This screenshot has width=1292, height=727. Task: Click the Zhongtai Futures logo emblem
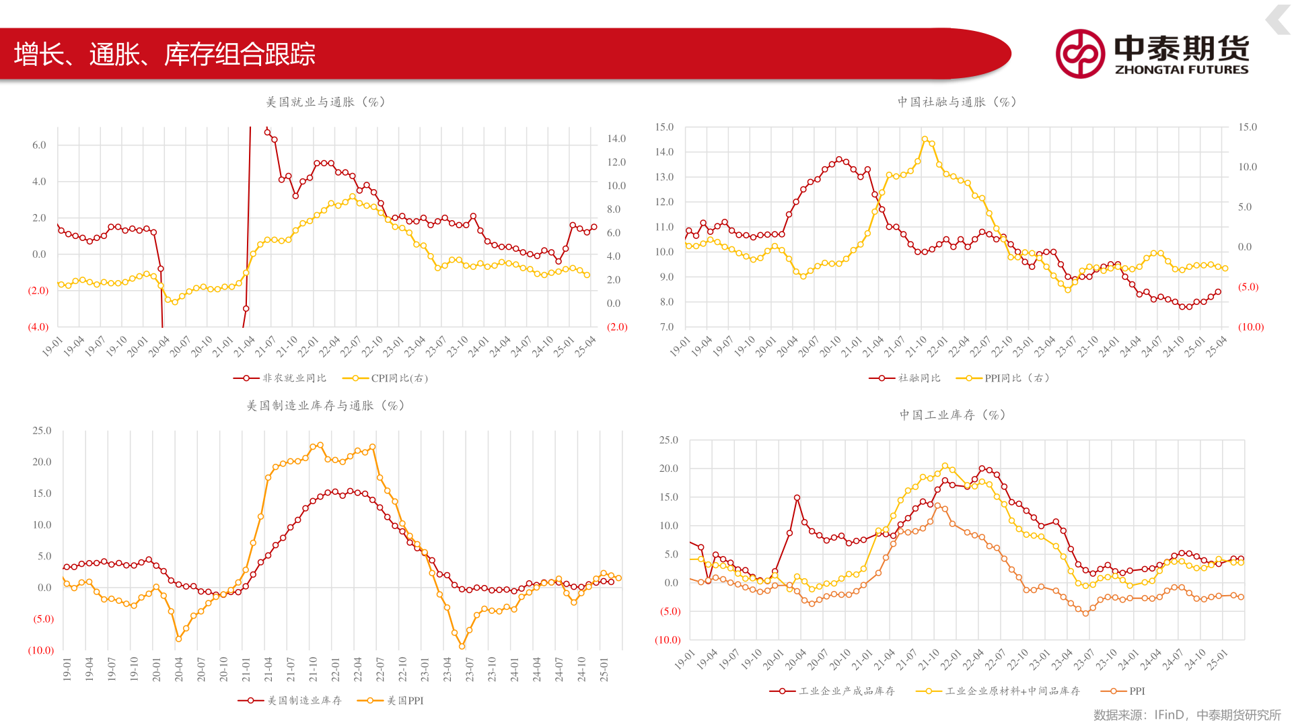tap(1079, 54)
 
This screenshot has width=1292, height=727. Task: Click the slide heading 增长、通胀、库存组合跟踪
tap(164, 54)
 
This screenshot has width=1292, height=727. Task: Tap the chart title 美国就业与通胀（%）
tap(326, 102)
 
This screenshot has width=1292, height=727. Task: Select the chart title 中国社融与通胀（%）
tap(957, 102)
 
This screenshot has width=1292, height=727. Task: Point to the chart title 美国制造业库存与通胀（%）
tap(326, 406)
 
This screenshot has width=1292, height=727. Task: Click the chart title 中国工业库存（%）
tap(953, 415)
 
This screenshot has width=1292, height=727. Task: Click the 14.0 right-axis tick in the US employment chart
tap(616, 139)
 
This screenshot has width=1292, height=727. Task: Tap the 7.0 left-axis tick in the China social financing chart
tap(666, 327)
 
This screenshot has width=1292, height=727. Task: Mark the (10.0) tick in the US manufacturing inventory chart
tap(41, 650)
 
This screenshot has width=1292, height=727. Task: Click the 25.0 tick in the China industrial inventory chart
tap(668, 440)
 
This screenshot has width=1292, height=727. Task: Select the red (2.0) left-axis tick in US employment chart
tap(38, 291)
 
